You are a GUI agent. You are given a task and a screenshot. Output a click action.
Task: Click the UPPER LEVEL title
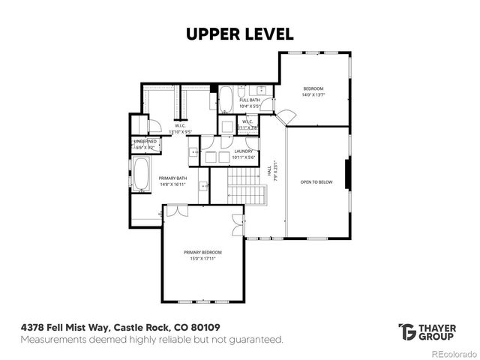click(x=240, y=34)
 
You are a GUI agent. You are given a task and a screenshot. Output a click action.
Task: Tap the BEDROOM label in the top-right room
click(x=313, y=88)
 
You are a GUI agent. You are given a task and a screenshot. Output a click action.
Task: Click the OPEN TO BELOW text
click(x=316, y=182)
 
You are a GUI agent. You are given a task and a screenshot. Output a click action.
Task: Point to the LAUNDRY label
click(x=243, y=151)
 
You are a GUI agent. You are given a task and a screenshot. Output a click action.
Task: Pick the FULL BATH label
click(x=250, y=100)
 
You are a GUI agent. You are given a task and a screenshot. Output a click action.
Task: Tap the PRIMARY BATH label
click(x=172, y=178)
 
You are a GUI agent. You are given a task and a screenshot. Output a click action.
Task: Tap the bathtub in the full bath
click(x=226, y=99)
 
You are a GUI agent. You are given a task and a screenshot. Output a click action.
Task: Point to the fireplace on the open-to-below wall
click(x=346, y=175)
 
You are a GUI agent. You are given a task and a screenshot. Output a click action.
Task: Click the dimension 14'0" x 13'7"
click(x=313, y=94)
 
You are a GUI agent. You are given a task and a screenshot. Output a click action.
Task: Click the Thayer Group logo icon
click(x=407, y=331)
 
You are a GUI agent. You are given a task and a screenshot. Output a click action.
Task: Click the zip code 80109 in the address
click(x=206, y=328)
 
